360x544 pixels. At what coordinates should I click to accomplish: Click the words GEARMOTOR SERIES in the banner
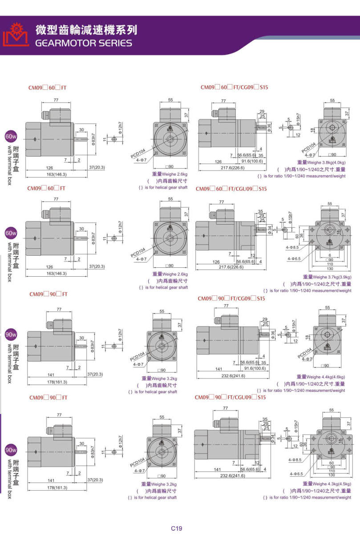tap(84, 43)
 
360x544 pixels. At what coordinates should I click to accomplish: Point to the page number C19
tap(177, 528)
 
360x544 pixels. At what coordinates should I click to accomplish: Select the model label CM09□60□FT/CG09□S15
tap(234, 88)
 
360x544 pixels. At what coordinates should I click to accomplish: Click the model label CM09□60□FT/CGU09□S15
tap(231, 189)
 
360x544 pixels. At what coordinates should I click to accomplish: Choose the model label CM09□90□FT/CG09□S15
tap(231, 298)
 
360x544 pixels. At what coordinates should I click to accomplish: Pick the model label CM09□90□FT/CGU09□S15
tap(230, 397)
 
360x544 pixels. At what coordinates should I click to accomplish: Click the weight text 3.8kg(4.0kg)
tap(331, 162)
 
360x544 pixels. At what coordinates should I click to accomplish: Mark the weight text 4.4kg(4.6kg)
tap(330, 377)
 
